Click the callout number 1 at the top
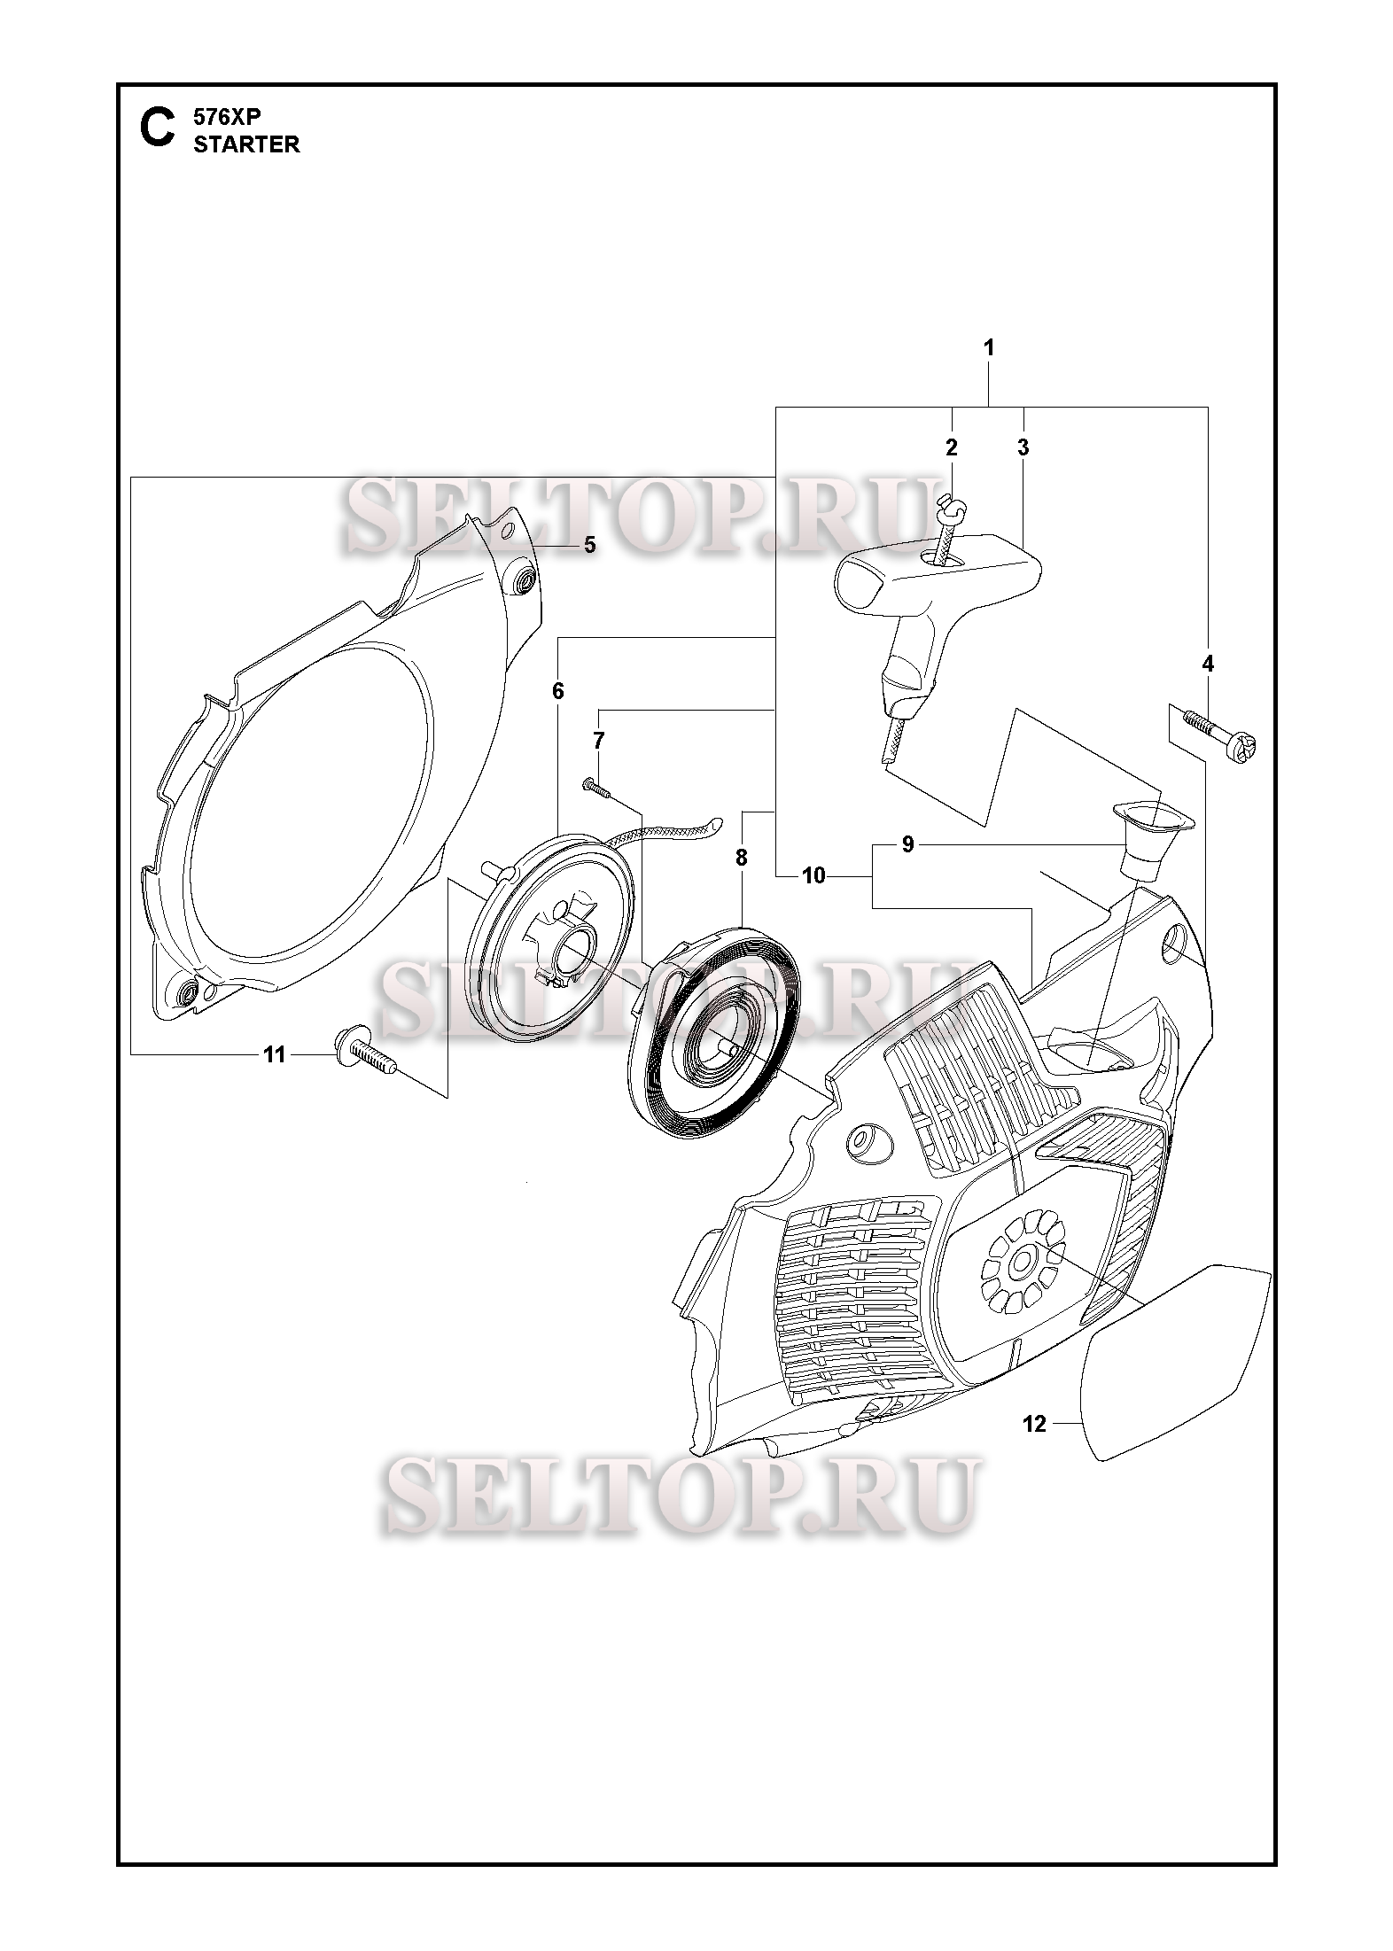coord(988,348)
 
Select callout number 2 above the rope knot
coord(952,447)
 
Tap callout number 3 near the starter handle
coord(1023,447)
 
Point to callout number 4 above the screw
coord(1207,664)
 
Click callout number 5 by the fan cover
coord(589,545)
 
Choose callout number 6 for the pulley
coord(557,690)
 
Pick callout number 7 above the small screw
coord(599,740)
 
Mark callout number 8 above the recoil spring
coord(741,858)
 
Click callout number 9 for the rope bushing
coord(907,844)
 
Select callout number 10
coord(813,876)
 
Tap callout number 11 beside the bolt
coord(275,1054)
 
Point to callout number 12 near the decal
coord(1034,1424)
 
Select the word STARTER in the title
coord(246,145)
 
